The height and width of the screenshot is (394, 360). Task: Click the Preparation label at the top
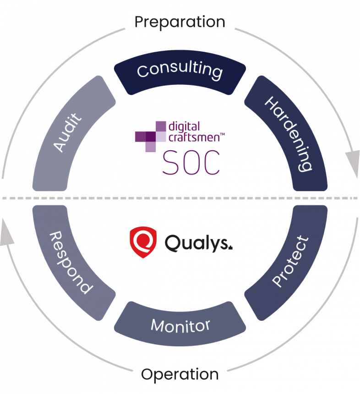click(180, 22)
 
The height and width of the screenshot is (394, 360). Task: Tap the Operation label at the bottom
click(180, 374)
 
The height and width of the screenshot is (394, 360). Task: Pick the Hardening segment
click(289, 133)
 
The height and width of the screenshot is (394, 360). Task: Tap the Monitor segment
click(180, 326)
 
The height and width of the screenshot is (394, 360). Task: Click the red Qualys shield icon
click(143, 242)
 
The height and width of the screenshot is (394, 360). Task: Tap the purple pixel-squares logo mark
click(151, 136)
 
